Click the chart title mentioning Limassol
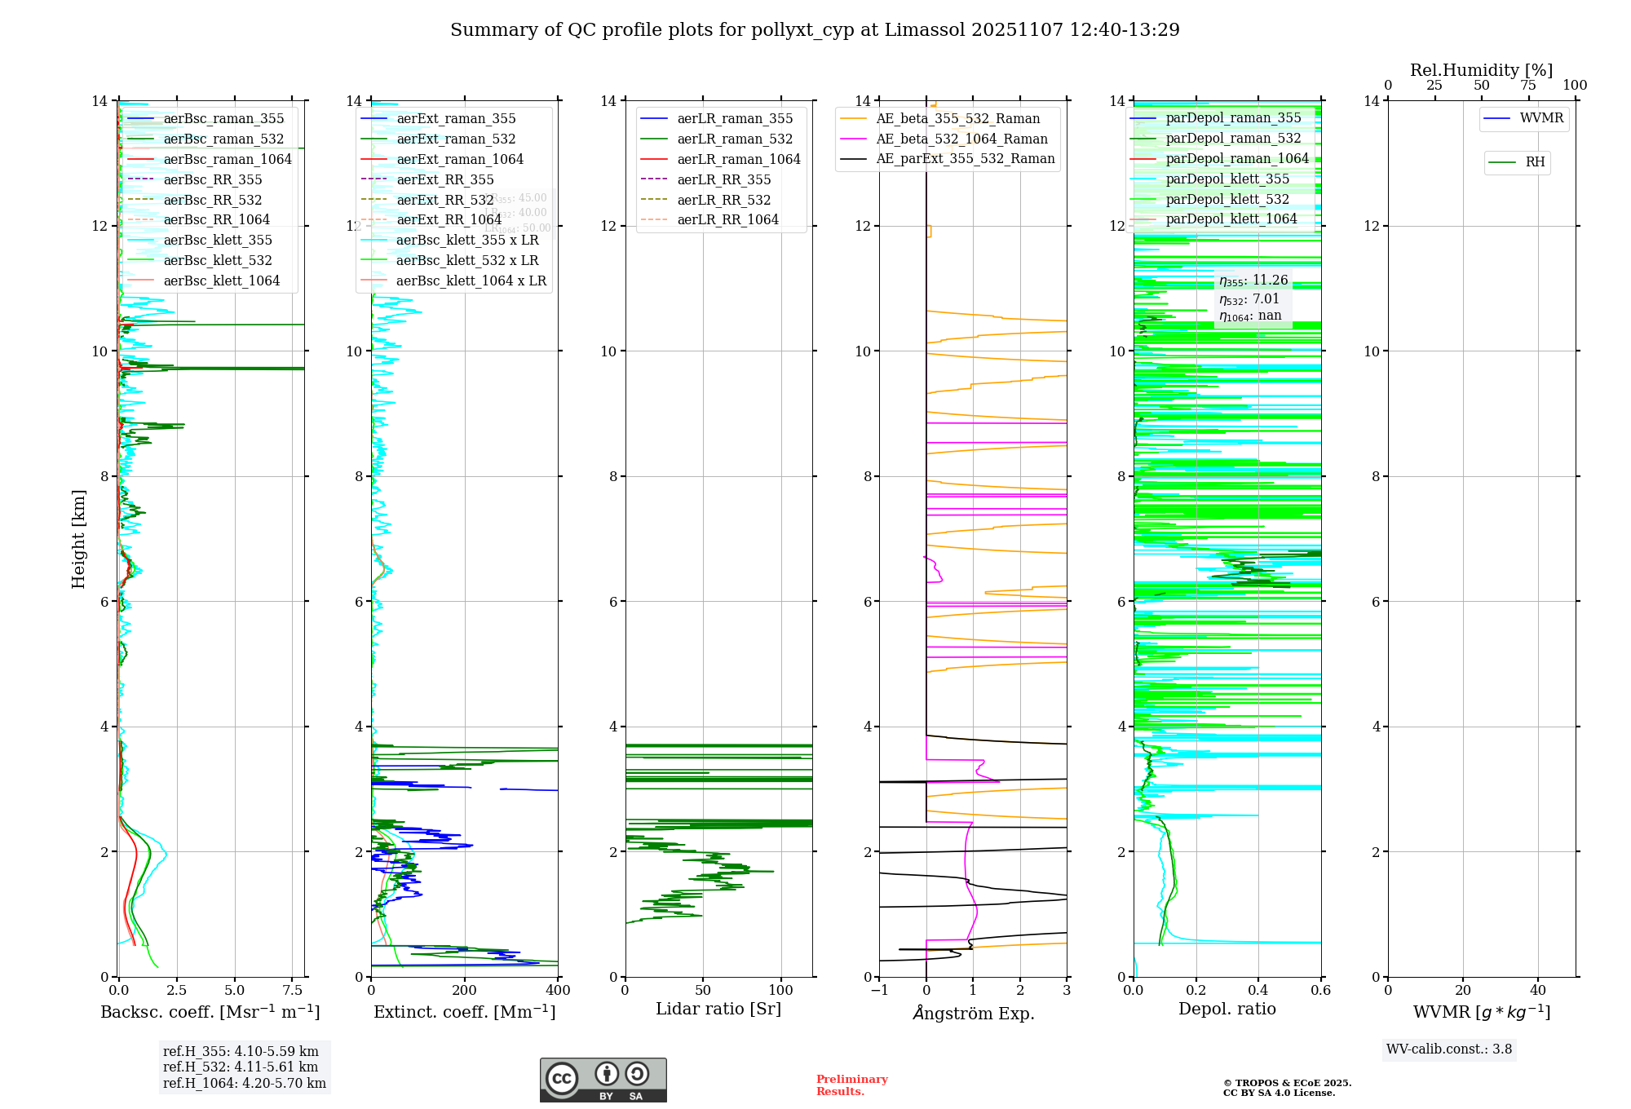click(815, 30)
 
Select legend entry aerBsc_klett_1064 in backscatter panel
click(221, 281)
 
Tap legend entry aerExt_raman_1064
click(460, 159)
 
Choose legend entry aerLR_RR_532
click(723, 200)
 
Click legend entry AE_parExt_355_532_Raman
click(965, 158)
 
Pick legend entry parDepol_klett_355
click(1227, 179)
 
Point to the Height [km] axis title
click(78, 538)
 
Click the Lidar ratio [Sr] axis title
click(718, 1009)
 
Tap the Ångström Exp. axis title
click(973, 1014)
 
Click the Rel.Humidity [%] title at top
click(1481, 70)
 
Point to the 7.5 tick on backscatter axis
click(292, 991)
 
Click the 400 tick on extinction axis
click(558, 991)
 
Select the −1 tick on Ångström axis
click(879, 991)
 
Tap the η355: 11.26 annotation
click(1253, 281)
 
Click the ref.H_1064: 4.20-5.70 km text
click(245, 1083)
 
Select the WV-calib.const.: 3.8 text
click(1449, 1049)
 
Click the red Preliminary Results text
click(851, 1085)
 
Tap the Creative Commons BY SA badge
click(603, 1080)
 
